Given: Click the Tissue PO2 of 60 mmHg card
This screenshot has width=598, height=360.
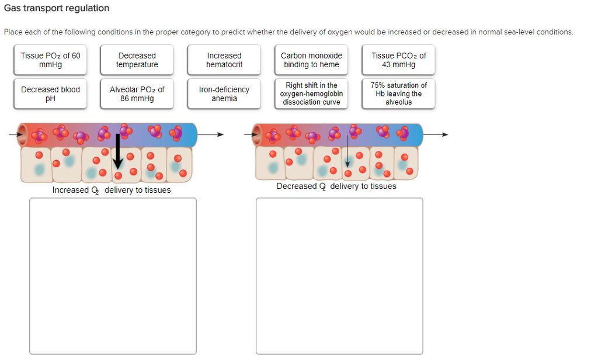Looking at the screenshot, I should click(x=50, y=60).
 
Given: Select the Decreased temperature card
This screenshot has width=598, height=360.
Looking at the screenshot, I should click(x=137, y=60).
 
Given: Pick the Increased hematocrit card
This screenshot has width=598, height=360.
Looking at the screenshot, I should click(x=224, y=60).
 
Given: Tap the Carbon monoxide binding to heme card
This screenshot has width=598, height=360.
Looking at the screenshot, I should click(x=311, y=60).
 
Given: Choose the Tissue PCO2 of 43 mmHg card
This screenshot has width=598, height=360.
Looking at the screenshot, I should click(x=398, y=60).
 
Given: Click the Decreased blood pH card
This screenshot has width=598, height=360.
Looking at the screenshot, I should click(x=50, y=94).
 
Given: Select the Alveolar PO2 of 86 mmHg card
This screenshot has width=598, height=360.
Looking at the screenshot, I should click(x=137, y=94).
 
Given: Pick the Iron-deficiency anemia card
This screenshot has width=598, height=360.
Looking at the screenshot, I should click(x=224, y=94).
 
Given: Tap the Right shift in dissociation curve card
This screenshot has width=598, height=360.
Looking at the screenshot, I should click(x=311, y=94).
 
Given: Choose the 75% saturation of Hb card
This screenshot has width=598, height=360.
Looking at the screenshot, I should click(x=398, y=94).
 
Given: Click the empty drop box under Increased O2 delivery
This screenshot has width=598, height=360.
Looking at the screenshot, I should click(x=113, y=276).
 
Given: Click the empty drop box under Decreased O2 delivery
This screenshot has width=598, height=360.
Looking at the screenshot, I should click(x=339, y=276).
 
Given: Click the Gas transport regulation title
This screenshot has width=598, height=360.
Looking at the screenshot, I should click(x=57, y=8).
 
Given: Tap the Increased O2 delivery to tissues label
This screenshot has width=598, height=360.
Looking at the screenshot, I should click(x=112, y=190).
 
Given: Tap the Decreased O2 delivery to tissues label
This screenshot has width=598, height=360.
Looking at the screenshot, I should click(x=336, y=186).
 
